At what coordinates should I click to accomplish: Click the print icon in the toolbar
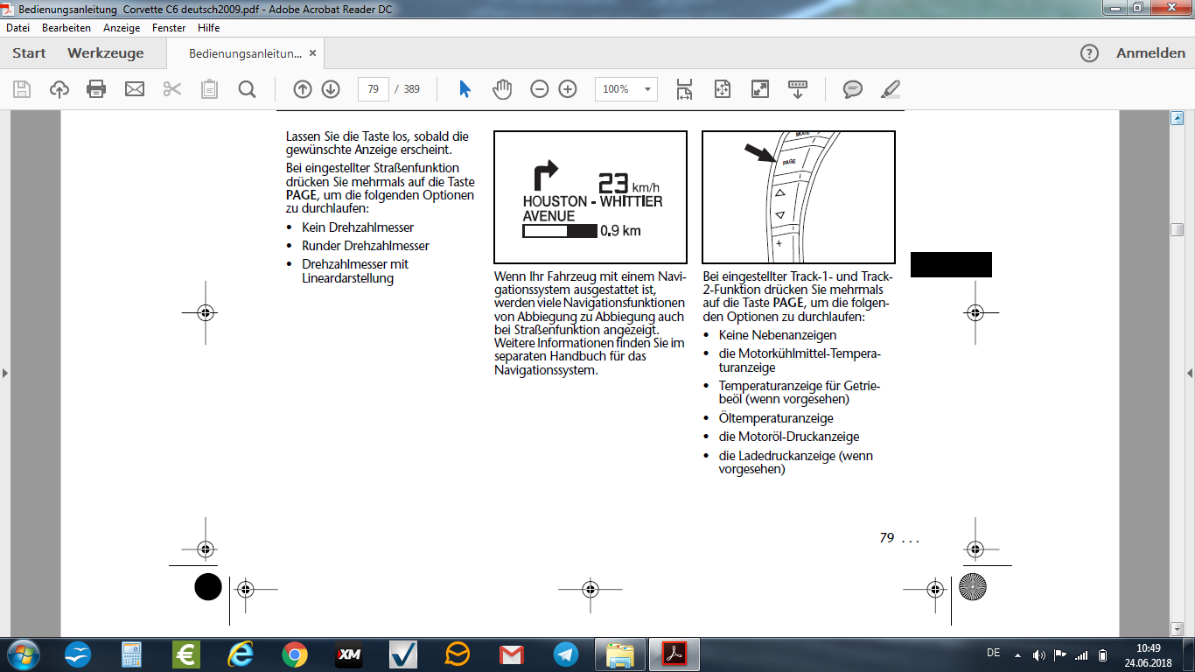96,88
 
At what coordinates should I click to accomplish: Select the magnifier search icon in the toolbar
247,89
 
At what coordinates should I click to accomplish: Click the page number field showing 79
374,88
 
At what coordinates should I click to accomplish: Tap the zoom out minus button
540,88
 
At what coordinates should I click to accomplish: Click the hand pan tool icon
502,88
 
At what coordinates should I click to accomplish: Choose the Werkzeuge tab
106,52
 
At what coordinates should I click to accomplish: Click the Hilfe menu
208,28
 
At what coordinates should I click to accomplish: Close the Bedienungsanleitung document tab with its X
312,52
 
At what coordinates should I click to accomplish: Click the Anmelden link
1150,52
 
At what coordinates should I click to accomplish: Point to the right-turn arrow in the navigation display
545,175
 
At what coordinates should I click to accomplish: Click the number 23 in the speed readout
613,183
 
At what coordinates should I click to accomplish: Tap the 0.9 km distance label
620,231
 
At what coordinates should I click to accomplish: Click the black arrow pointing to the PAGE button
760,152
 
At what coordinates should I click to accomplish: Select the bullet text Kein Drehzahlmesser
358,227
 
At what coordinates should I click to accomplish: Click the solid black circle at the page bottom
208,586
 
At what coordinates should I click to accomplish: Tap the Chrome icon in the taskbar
295,654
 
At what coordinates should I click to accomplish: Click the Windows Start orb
24,654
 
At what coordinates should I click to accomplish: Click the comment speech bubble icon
852,88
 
